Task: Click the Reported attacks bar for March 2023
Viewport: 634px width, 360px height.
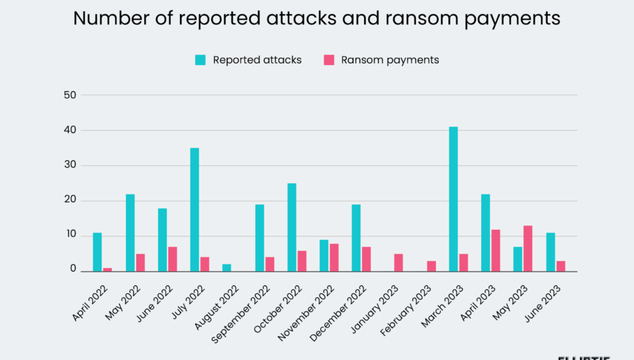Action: [453, 199]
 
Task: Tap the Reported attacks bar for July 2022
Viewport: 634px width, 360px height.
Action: [195, 210]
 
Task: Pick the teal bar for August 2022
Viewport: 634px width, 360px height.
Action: [227, 268]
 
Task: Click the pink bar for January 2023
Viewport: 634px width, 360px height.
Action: [399, 263]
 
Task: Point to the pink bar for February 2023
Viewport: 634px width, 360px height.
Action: [431, 266]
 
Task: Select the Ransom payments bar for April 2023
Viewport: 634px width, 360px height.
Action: [496, 250]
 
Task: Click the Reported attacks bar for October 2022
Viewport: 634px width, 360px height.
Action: [292, 228]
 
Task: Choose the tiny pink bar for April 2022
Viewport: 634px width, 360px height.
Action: [107, 270]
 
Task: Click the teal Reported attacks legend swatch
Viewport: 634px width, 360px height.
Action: [200, 60]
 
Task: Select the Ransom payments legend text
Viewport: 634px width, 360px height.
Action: [390, 60]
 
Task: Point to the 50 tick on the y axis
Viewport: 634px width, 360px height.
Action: [69, 95]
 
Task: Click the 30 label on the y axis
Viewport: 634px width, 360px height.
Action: [69, 165]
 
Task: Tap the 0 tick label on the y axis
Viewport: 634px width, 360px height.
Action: [73, 269]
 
